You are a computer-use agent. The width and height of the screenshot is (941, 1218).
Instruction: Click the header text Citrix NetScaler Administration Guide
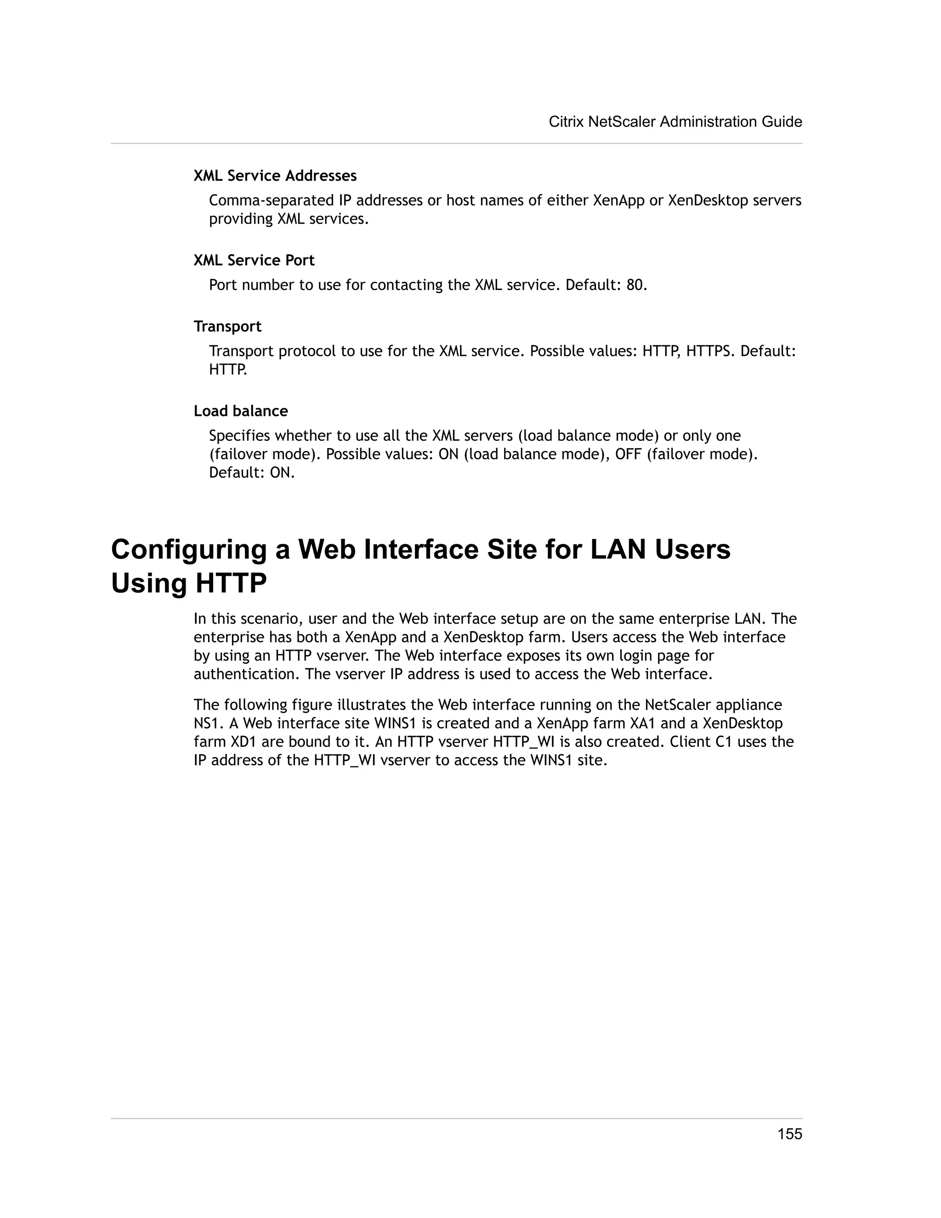coord(675,122)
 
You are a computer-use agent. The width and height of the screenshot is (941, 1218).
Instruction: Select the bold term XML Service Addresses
coord(275,176)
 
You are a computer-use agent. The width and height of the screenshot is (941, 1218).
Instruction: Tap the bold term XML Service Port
coord(254,261)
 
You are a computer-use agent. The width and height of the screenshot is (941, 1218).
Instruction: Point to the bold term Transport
coord(227,326)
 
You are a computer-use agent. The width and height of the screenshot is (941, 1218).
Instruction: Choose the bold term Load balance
coord(240,411)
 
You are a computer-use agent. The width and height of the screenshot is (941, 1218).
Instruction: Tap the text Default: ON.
coord(251,472)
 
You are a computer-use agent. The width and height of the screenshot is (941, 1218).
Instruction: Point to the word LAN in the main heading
coord(618,549)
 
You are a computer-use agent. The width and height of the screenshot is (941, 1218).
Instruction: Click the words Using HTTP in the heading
coord(188,583)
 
